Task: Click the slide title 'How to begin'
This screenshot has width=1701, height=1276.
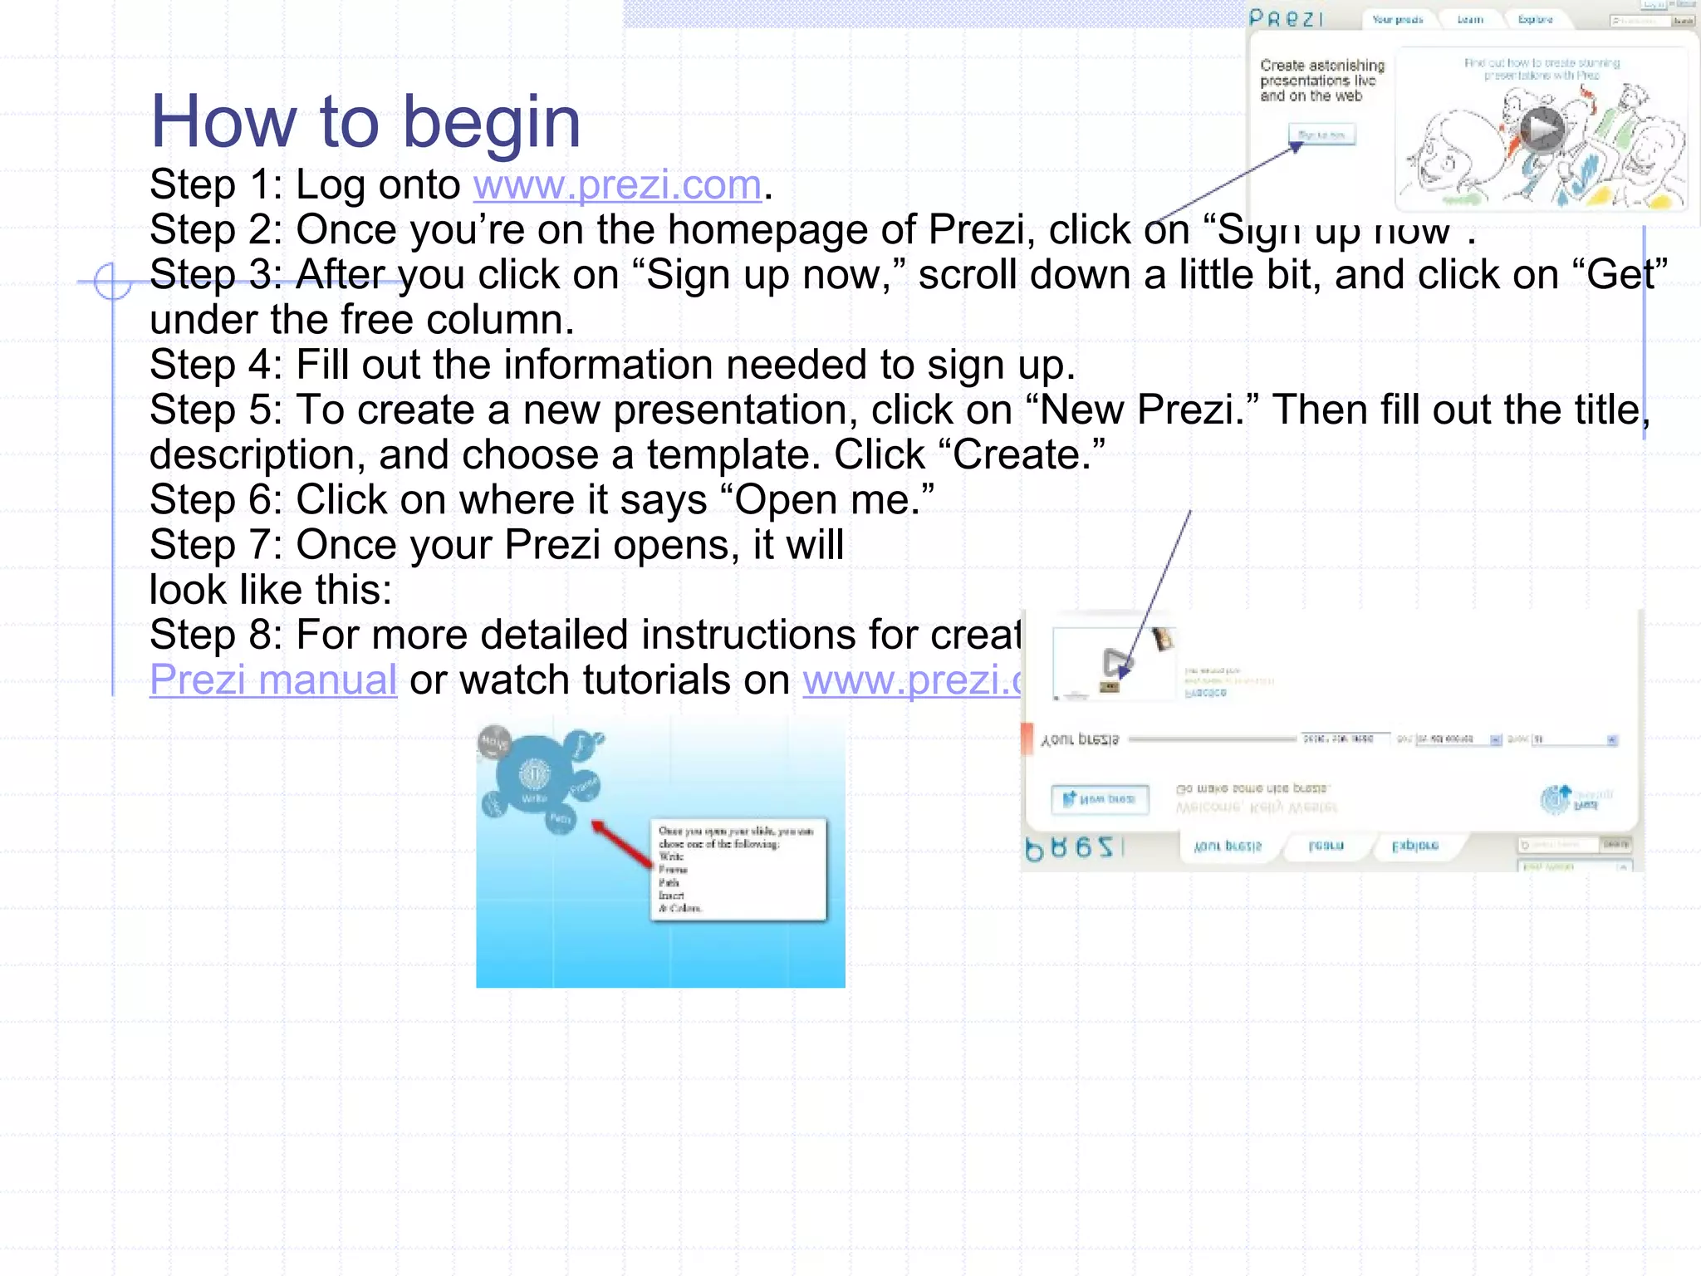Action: [x=365, y=121]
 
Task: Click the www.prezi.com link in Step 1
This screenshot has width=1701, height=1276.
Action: [x=617, y=184]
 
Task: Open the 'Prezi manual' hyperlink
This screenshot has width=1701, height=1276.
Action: [x=273, y=680]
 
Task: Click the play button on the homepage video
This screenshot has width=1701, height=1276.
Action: [x=1542, y=130]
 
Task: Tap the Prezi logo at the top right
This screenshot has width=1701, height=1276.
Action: [x=1287, y=18]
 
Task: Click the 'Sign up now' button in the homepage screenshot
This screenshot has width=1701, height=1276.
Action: [x=1321, y=135]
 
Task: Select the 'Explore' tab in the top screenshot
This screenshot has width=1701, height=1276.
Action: [x=1535, y=19]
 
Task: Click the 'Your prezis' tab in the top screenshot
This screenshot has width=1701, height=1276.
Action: [x=1397, y=19]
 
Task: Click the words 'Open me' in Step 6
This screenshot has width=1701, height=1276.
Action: [x=826, y=500]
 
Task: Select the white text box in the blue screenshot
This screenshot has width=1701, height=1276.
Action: [x=738, y=869]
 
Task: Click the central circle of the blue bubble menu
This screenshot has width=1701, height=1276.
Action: [x=533, y=775]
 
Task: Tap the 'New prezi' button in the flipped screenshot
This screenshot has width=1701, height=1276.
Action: [x=1100, y=799]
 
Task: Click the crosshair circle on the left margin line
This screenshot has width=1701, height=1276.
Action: [x=112, y=282]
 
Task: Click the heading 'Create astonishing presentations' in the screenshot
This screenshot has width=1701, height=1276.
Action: [x=1321, y=80]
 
